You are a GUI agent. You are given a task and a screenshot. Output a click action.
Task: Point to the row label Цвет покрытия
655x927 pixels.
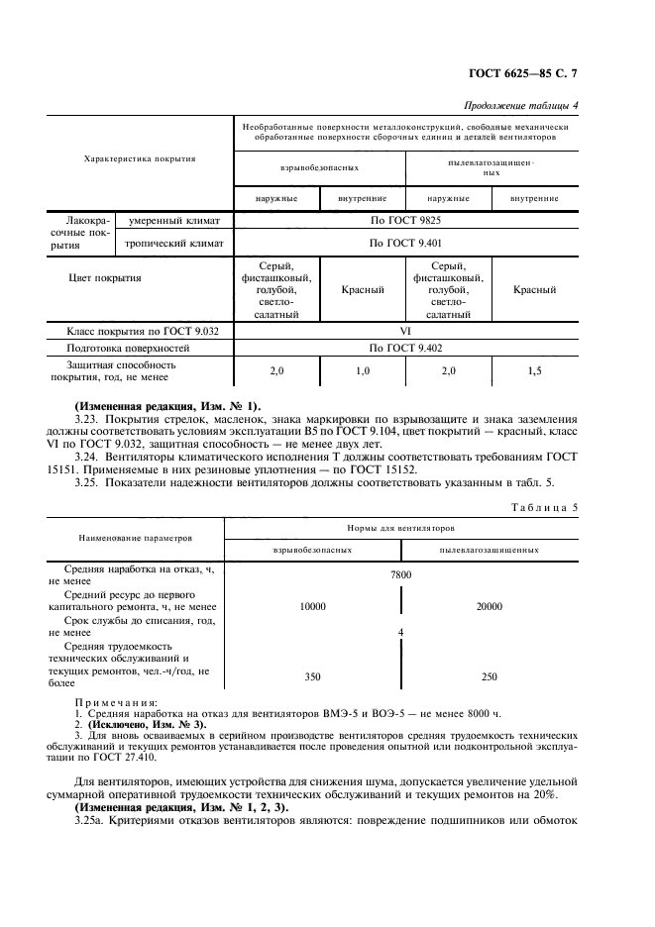coord(104,278)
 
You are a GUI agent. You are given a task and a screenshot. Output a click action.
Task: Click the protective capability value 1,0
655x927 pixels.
coord(362,370)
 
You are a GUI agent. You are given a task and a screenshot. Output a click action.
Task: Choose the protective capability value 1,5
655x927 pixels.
coord(534,370)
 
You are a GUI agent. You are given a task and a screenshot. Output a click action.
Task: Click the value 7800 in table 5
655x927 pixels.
coord(400,574)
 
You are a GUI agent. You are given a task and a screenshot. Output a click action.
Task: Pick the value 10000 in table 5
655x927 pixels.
coord(312,607)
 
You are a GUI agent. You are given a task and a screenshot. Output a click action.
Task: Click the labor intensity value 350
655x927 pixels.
coord(312,676)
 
